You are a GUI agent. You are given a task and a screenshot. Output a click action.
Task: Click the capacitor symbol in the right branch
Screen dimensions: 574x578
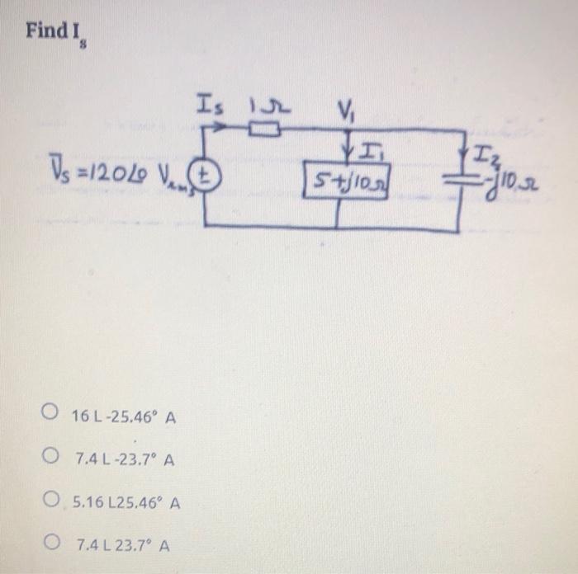[x=458, y=176]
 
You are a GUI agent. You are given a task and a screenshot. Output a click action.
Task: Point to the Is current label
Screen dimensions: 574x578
[x=209, y=105]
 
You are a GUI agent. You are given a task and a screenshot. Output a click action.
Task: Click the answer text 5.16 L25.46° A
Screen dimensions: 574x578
[x=127, y=501]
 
